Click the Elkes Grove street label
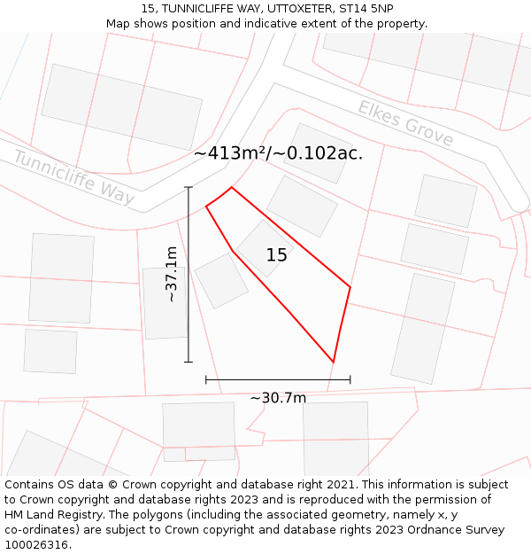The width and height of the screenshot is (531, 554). [x=405, y=123]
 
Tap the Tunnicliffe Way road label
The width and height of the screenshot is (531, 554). [x=74, y=177]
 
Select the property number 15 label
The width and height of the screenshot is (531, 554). [x=276, y=255]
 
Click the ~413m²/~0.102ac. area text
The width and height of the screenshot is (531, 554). [x=278, y=153]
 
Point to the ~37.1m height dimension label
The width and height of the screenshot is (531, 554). [x=172, y=275]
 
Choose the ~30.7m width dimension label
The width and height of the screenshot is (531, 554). [x=278, y=398]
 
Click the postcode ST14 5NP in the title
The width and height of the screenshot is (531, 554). [x=366, y=9]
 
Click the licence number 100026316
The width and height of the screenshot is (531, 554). [x=37, y=545]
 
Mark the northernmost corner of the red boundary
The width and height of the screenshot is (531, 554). [x=232, y=187]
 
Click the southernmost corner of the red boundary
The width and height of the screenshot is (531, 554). [x=333, y=362]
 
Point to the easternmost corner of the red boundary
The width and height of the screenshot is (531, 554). [x=350, y=287]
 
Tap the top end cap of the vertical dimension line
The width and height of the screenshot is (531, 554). [x=189, y=187]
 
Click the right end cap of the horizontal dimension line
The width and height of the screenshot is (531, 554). [x=350, y=379]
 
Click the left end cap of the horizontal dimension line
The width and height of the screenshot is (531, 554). [x=206, y=379]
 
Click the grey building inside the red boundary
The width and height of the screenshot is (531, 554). [x=264, y=246]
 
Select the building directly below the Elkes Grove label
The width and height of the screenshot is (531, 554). [x=316, y=152]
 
